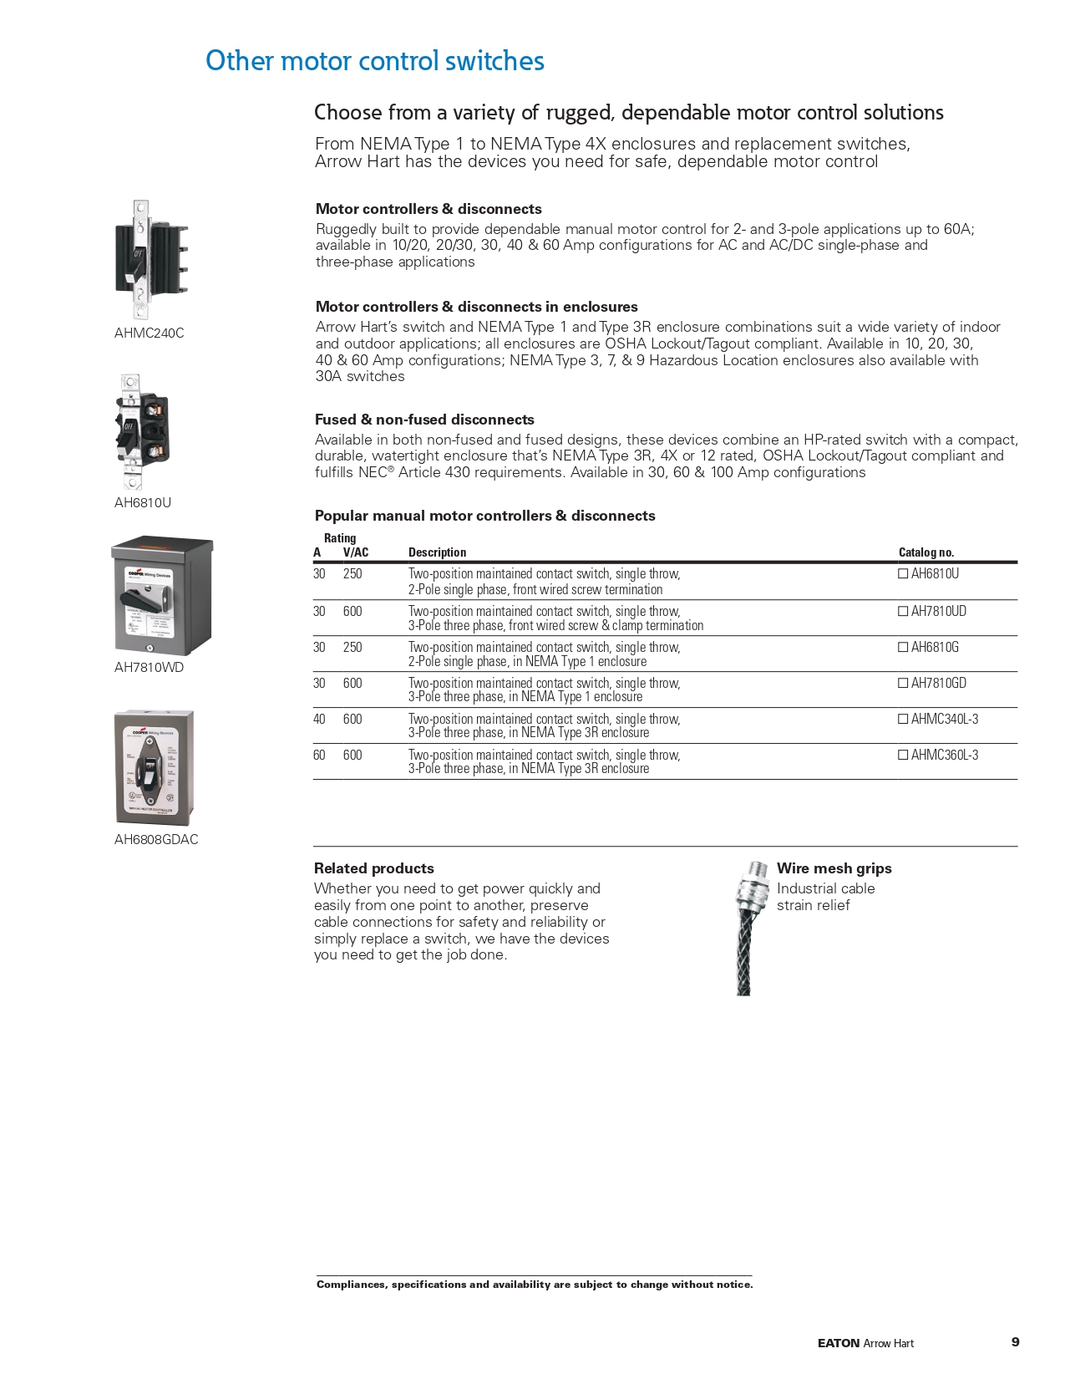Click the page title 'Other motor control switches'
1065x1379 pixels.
click(375, 61)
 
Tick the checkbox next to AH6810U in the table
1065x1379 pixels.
click(903, 574)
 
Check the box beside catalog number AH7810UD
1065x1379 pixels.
click(903, 612)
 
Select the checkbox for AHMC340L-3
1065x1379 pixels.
click(903, 720)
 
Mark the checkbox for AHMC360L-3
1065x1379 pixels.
click(903, 756)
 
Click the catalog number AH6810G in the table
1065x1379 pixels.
click(935, 648)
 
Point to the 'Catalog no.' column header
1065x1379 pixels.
click(926, 552)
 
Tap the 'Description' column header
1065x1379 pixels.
click(437, 552)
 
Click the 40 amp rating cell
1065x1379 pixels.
click(319, 720)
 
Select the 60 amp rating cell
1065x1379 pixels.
click(319, 756)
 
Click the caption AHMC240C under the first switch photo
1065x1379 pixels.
click(149, 333)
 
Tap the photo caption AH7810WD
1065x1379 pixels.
click(149, 668)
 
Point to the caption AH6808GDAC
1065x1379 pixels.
click(156, 840)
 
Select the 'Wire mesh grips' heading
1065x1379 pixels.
click(834, 869)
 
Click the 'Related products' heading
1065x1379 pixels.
click(373, 869)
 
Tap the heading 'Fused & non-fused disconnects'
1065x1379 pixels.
click(424, 420)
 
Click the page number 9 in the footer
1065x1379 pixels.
click(1015, 1342)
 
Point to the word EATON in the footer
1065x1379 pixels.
click(839, 1344)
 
